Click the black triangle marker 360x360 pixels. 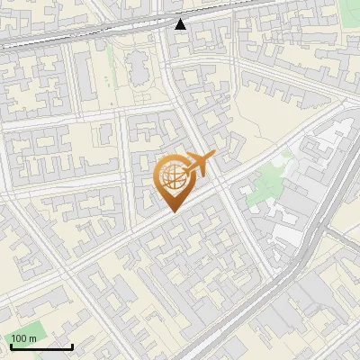point(181,24)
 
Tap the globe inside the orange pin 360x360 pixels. point(173,176)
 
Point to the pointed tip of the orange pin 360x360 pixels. point(173,211)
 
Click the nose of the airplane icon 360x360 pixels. point(214,156)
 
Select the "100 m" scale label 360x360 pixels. point(23,338)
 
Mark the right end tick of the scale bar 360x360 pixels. point(71,345)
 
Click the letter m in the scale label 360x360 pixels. point(32,338)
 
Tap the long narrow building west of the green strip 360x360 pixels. point(82,76)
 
